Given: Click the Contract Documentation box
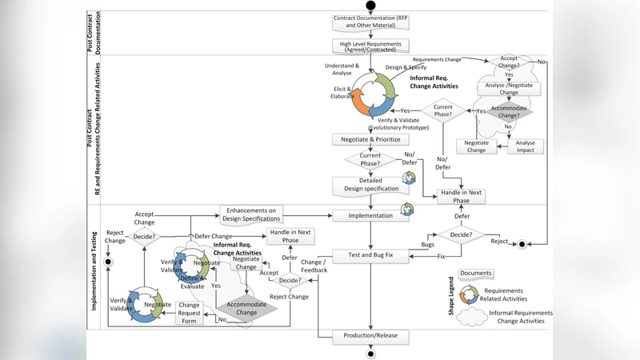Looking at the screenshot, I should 370,21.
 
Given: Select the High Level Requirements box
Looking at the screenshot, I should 370,46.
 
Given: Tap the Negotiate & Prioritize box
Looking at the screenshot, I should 370,139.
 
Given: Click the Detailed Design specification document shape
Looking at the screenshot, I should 370,185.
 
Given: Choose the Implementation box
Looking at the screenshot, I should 370,215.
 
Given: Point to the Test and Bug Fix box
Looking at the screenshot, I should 370,256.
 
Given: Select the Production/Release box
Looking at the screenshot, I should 370,335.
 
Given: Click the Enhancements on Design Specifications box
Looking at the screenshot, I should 251,214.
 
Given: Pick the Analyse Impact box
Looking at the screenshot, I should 526,146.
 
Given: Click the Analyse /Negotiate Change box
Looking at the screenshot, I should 509,87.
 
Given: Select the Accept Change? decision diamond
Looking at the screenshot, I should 509,62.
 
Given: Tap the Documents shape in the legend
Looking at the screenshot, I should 476,274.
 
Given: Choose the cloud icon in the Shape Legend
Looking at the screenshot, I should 472,317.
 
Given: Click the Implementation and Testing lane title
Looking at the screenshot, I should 94,271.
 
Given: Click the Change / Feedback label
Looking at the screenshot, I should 314,266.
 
